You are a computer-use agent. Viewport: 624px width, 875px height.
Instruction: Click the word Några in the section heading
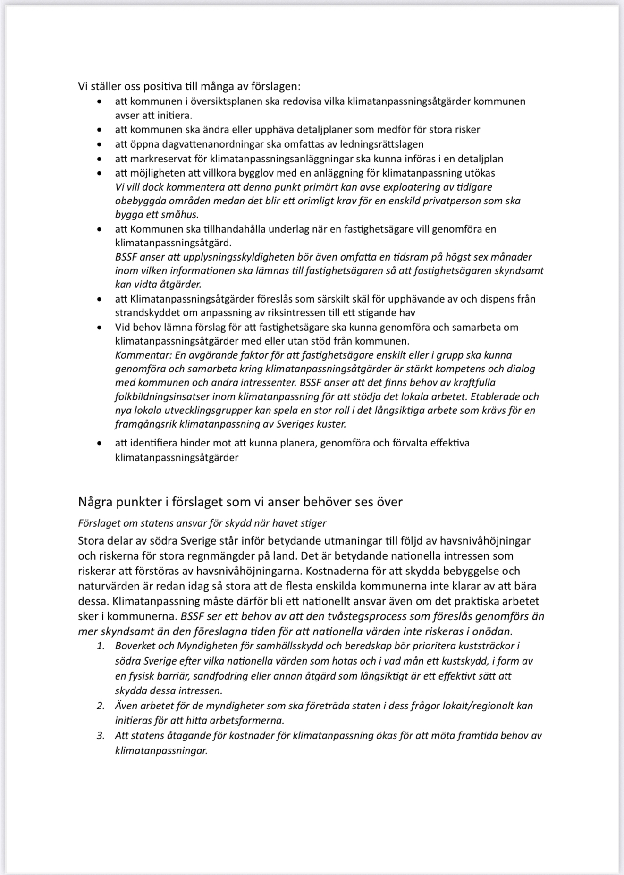[x=96, y=502]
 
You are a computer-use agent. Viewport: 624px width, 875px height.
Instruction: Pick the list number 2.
[x=101, y=706]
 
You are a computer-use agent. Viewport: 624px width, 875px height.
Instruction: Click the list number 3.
[x=101, y=736]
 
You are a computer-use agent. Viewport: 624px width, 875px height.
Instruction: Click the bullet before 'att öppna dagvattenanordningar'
[x=99, y=144]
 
